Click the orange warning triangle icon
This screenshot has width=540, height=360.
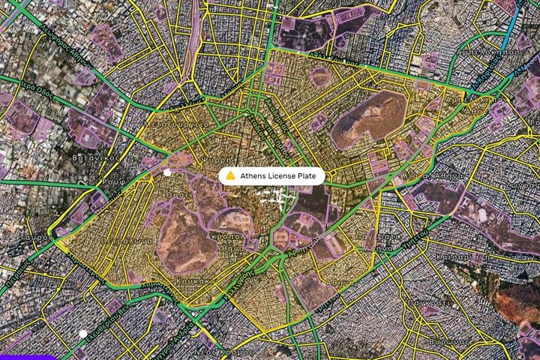click(x=231, y=175)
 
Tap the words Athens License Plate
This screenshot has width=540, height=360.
click(x=277, y=175)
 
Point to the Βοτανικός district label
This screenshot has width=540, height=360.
click(x=85, y=160)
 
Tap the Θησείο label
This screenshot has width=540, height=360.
click(x=187, y=194)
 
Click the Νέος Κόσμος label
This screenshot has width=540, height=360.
click(x=238, y=351)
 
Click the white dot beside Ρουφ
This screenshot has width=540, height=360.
click(x=166, y=173)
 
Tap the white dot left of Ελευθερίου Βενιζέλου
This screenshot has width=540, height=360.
click(x=82, y=334)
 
